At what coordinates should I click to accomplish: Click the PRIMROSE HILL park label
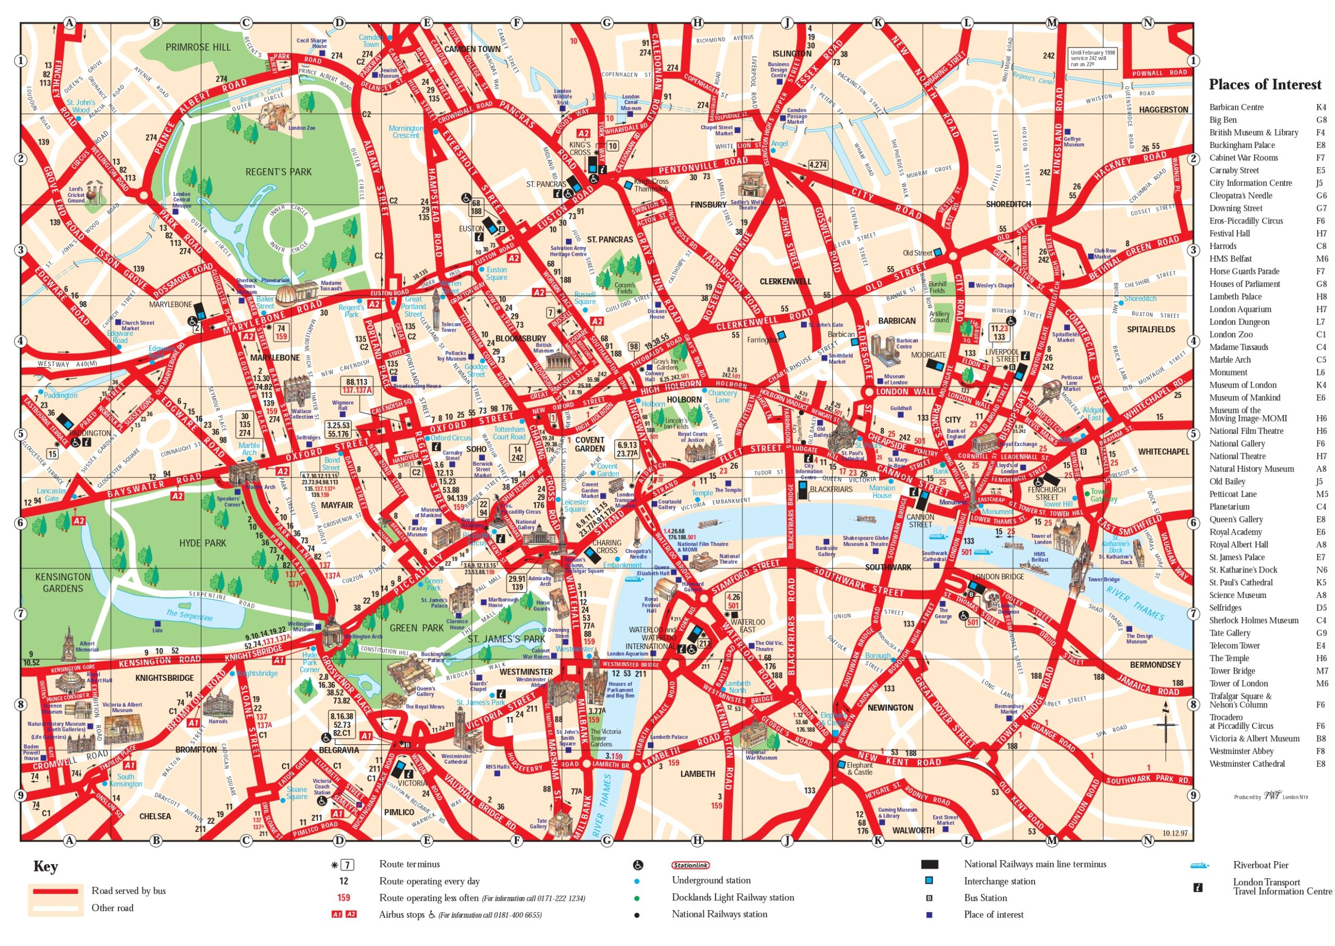pyautogui.click(x=198, y=47)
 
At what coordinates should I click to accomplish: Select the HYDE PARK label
pyautogui.click(x=202, y=542)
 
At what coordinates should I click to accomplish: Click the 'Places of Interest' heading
pyautogui.click(x=1265, y=84)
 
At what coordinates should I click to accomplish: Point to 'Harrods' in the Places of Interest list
pyautogui.click(x=1222, y=246)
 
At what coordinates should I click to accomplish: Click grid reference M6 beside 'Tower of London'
pyautogui.click(x=1321, y=683)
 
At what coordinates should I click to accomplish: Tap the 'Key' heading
pyautogui.click(x=45, y=867)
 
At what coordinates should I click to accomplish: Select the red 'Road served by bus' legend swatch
pyautogui.click(x=55, y=891)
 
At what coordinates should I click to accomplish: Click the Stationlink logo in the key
pyautogui.click(x=690, y=866)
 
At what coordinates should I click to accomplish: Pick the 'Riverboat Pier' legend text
pyautogui.click(x=1260, y=865)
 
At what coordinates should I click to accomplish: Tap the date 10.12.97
pyautogui.click(x=1175, y=833)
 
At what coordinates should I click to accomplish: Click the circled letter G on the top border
pyautogui.click(x=607, y=23)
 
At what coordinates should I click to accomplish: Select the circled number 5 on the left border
pyautogui.click(x=21, y=434)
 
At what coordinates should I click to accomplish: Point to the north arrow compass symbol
pyautogui.click(x=1166, y=725)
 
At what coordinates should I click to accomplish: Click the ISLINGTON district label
pyautogui.click(x=791, y=54)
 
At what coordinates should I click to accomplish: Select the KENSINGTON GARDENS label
pyautogui.click(x=63, y=582)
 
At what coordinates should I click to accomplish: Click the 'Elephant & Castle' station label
pyautogui.click(x=859, y=768)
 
